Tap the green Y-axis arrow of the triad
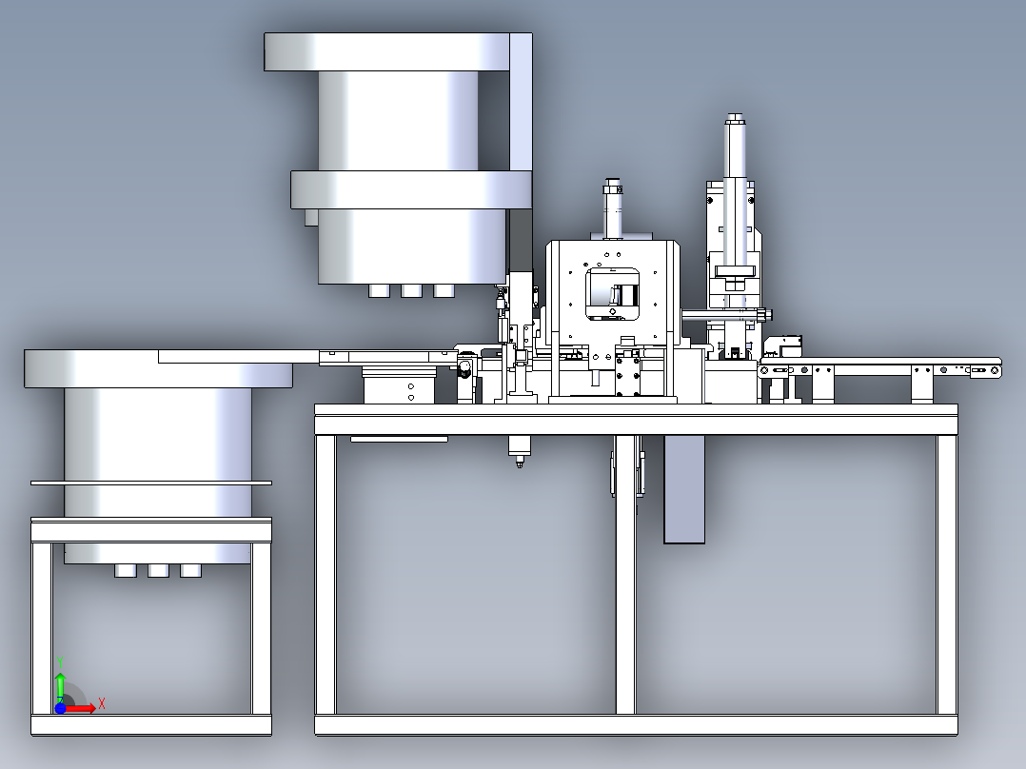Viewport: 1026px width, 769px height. coord(60,686)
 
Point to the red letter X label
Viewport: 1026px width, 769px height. coord(102,704)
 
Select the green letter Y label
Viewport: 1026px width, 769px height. coord(60,662)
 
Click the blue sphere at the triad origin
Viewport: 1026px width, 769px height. coord(60,707)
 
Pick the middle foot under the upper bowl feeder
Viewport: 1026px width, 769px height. coord(411,290)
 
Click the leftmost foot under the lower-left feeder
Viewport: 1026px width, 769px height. coord(126,570)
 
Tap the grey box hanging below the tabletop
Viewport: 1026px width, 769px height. coord(684,489)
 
